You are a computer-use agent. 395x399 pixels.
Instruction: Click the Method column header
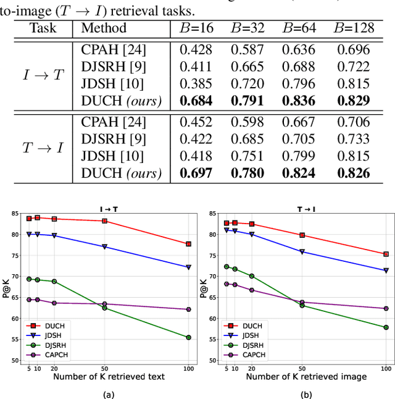point(104,28)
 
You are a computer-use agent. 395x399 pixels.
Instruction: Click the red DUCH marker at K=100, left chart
point(188,244)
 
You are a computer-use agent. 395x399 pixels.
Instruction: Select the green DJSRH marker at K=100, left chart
point(188,337)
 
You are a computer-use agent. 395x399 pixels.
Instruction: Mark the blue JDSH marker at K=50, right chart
point(302,252)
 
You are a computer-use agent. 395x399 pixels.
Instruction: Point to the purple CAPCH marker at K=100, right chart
point(386,308)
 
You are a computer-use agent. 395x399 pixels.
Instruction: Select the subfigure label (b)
point(306,393)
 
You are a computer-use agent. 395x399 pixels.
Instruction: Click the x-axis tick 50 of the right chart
point(302,368)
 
